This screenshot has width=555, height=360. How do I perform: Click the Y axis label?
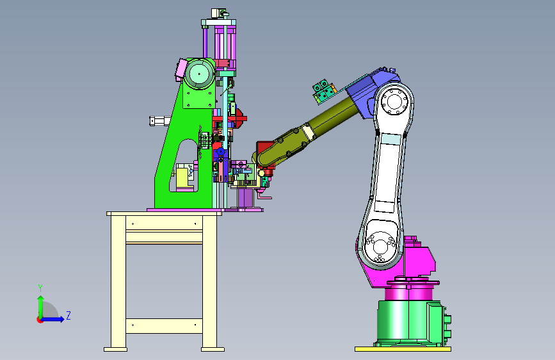(40, 288)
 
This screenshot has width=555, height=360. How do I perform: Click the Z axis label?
(68, 315)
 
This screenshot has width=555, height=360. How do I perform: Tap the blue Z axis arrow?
(53, 319)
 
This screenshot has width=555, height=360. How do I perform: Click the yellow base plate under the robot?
(403, 349)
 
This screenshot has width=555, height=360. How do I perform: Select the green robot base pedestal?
(410, 323)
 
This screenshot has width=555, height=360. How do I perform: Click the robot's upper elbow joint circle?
(394, 102)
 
